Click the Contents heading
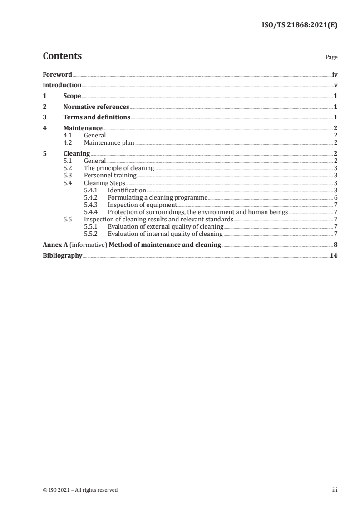tap(62, 56)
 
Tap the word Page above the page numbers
tap(331, 58)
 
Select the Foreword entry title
tap(57, 74)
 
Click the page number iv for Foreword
tap(335, 74)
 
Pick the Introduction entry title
tap(62, 85)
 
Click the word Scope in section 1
tap(72, 96)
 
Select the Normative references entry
tap(96, 107)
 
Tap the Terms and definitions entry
tap(97, 118)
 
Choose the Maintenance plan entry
tap(109, 142)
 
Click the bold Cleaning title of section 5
tap(77, 154)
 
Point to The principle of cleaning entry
tap(119, 168)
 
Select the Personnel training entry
tap(110, 175)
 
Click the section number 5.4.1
tap(91, 190)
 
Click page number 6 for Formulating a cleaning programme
tap(335, 198)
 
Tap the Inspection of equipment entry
tap(142, 205)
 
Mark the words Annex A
tap(54, 245)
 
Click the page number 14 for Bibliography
tap(334, 256)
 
